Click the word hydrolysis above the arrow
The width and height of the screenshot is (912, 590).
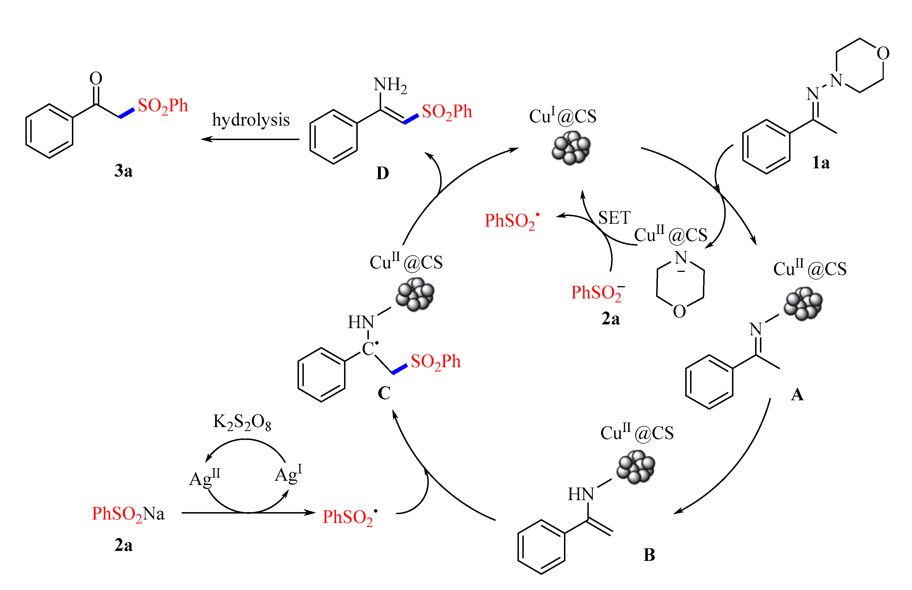(250, 120)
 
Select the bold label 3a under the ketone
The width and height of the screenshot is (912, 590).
(123, 171)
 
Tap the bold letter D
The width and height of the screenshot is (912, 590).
(382, 173)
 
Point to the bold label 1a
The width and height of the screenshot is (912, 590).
(820, 163)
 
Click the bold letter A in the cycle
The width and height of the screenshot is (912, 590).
(797, 395)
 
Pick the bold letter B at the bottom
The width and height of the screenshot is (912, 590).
(649, 555)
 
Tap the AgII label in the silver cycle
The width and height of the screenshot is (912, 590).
(205, 478)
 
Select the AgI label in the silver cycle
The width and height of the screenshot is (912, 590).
(288, 474)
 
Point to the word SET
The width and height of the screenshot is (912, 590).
(614, 218)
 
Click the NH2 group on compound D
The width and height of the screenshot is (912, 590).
(390, 85)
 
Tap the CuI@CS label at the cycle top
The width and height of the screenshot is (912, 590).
(562, 116)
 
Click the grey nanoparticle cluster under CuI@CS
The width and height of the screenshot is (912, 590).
(571, 147)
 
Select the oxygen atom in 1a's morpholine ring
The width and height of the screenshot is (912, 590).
(883, 53)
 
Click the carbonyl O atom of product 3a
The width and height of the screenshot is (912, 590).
(96, 78)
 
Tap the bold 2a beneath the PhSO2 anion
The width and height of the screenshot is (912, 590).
(610, 318)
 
